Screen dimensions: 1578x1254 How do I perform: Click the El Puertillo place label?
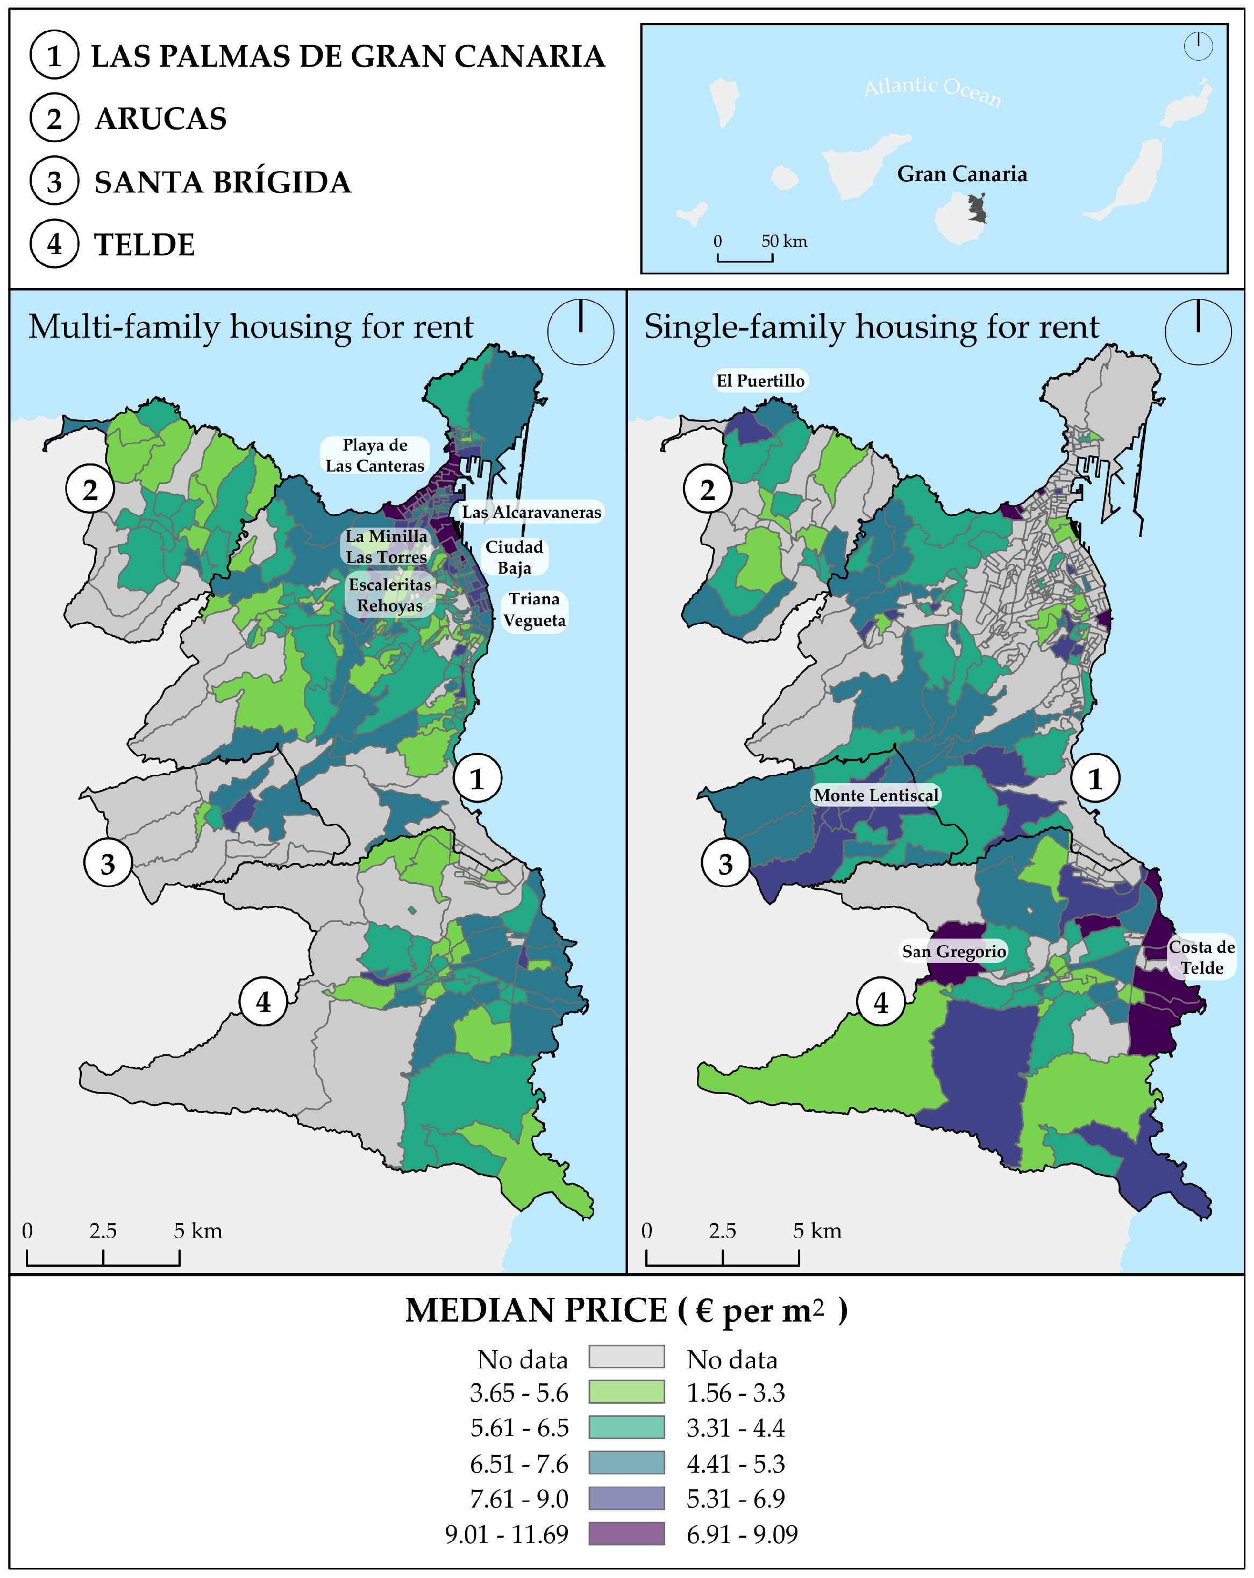point(760,381)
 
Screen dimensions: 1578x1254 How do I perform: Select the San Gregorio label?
point(954,952)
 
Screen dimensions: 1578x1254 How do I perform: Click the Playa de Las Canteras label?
point(375,455)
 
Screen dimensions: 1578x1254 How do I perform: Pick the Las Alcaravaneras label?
point(531,512)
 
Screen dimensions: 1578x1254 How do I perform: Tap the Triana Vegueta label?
point(535,610)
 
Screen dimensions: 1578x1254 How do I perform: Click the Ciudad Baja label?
point(514,557)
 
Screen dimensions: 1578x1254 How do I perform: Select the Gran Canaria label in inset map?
point(962,174)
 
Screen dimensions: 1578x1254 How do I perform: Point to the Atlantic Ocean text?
point(932,91)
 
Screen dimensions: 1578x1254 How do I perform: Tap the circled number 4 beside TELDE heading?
point(54,245)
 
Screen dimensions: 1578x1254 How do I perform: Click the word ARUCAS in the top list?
point(161,119)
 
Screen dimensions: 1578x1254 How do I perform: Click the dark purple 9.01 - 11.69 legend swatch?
point(626,1533)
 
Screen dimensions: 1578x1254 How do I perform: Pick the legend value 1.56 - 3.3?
point(735,1393)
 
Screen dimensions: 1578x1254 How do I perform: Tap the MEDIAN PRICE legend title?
point(626,1311)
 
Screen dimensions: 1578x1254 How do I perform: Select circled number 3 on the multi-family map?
point(108,863)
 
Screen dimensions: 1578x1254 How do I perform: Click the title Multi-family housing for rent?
point(251,327)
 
